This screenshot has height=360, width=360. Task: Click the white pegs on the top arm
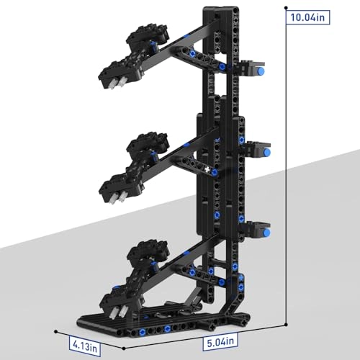[x=117, y=84]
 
